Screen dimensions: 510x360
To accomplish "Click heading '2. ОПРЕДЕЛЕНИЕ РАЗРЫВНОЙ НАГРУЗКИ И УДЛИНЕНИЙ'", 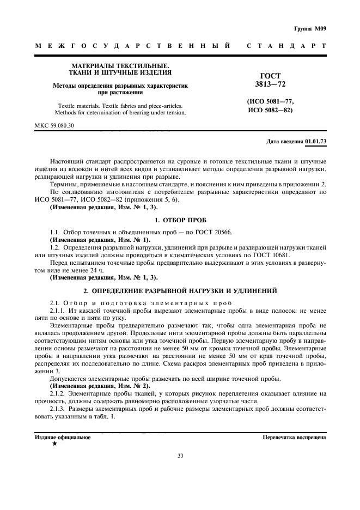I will coord(180,290).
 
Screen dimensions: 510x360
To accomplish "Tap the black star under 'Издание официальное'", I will coord(54,445).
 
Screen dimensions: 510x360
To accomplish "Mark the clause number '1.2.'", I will coord(55,247).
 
